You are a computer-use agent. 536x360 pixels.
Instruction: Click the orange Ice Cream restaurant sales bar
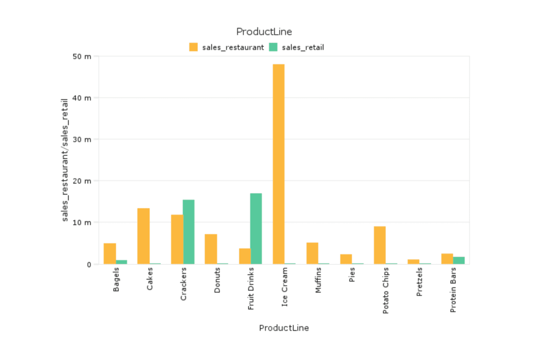278,164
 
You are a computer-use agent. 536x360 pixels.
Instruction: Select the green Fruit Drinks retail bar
256,228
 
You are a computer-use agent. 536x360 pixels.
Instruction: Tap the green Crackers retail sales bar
188,232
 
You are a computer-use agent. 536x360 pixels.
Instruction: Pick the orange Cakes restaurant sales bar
143,236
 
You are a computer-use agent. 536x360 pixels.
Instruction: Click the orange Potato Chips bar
379,245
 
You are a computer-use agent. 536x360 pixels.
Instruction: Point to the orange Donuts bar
211,249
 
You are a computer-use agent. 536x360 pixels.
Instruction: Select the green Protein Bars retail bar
459,260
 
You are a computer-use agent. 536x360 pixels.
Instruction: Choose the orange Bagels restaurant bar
110,254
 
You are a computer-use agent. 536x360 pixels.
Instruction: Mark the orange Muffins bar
312,253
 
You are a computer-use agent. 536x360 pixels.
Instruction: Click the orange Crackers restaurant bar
177,239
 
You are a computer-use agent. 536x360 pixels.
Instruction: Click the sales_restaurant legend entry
227,47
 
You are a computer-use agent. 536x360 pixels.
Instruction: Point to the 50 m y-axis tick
82,57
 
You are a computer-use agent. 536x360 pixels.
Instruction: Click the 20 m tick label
82,181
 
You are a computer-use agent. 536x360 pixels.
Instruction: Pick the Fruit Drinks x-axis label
251,289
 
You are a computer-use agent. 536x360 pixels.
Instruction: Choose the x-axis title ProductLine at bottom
284,328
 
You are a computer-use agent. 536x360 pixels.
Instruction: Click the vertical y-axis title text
65,160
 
